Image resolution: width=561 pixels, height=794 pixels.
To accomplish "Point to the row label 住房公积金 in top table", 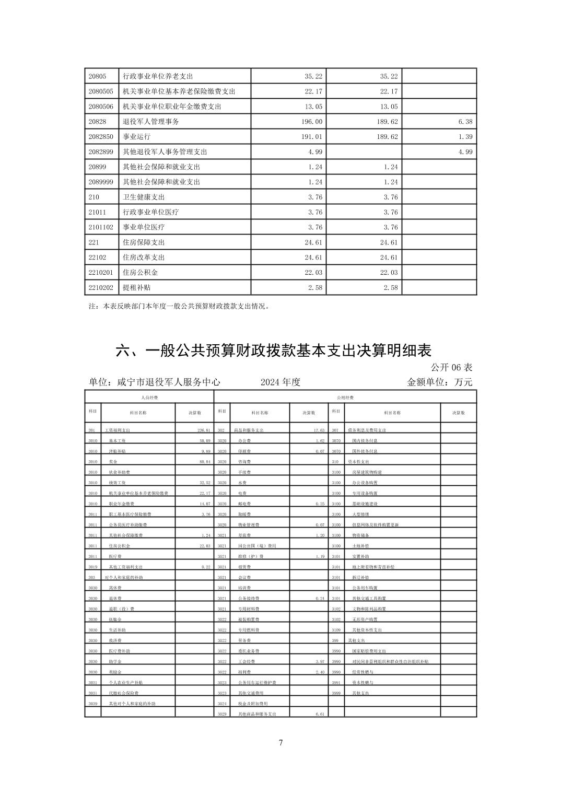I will [x=140, y=272].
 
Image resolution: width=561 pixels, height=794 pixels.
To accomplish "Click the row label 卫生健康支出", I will [x=144, y=197].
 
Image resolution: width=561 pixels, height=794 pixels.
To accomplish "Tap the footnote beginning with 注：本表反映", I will [x=179, y=307].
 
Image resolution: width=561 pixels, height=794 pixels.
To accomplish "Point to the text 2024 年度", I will [x=280, y=382].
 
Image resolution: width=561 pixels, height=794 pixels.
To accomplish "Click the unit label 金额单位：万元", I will [x=439, y=382].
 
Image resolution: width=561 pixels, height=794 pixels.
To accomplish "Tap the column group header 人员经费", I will [x=149, y=398].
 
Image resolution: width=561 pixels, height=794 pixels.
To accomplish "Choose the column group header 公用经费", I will [x=346, y=398].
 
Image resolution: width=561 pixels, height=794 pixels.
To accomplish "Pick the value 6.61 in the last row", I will [x=320, y=714].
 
